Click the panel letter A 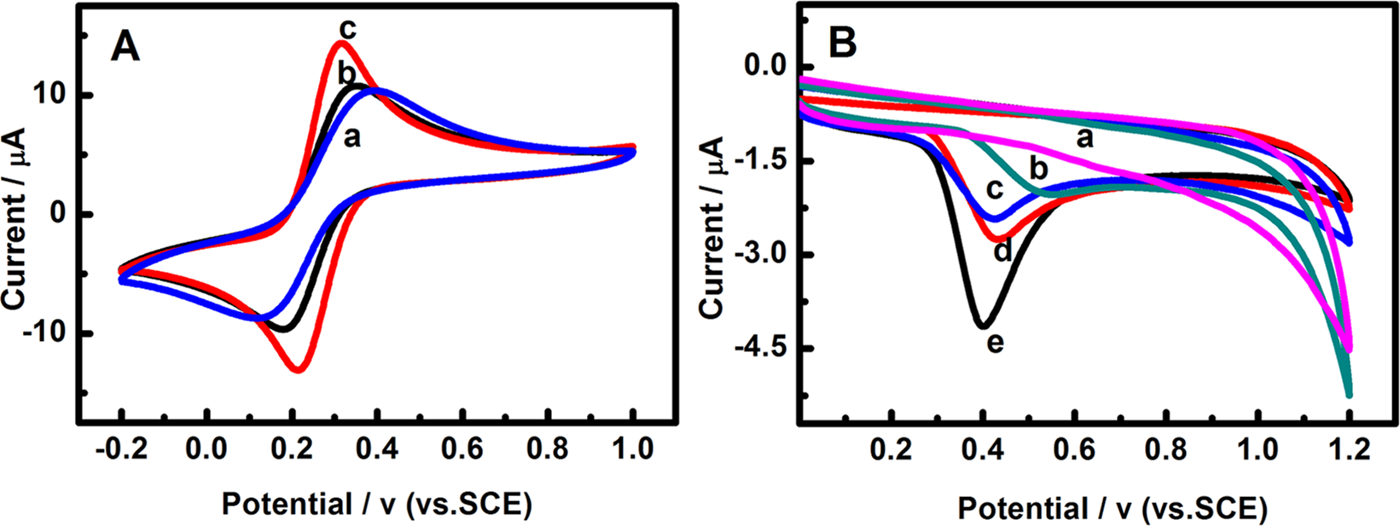(x=125, y=49)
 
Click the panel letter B (x=842, y=43)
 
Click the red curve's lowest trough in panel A (x=299, y=369)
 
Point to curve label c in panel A (x=346, y=27)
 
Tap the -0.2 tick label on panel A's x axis (x=122, y=448)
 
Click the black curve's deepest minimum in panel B (x=983, y=326)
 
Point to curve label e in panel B (x=995, y=344)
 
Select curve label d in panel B (x=1003, y=251)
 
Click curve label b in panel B (x=1037, y=170)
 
